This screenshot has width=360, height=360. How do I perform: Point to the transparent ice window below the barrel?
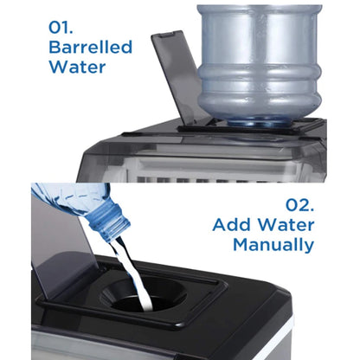pyautogui.click(x=216, y=164)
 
